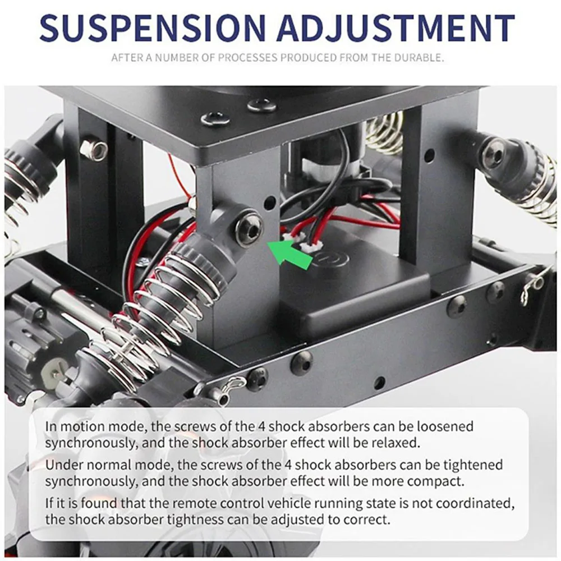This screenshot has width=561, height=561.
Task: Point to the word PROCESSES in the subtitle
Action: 250,57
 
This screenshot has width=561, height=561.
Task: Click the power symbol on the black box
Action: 326,259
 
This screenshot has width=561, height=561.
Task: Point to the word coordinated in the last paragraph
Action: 479,503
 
